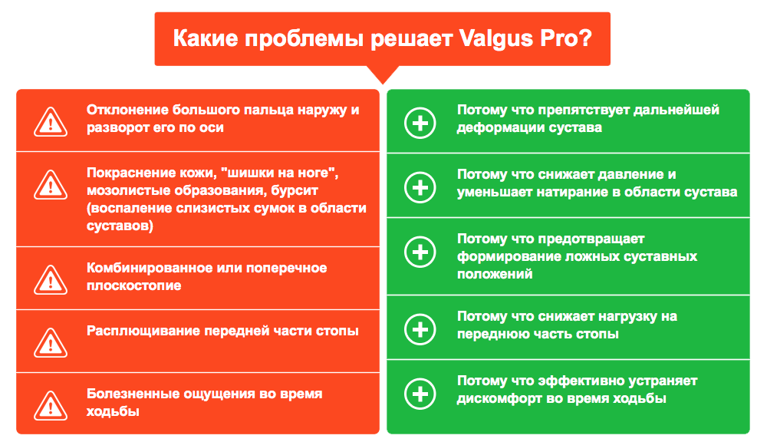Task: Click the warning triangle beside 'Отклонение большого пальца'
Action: (x=51, y=121)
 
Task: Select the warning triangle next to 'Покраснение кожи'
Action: (x=51, y=184)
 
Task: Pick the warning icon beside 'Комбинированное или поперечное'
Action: (x=51, y=279)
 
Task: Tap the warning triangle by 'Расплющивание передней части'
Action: (x=51, y=343)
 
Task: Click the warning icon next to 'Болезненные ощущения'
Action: (x=51, y=405)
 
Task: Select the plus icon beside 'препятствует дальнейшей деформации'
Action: (x=420, y=123)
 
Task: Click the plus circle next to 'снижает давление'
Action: (x=420, y=187)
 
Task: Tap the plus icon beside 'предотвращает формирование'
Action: (x=420, y=252)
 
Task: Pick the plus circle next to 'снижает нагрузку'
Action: (x=420, y=329)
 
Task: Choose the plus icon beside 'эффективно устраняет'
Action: (x=420, y=394)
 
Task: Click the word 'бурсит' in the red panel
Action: (x=295, y=191)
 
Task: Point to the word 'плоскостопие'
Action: (x=134, y=286)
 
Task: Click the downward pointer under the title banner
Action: (x=383, y=74)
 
